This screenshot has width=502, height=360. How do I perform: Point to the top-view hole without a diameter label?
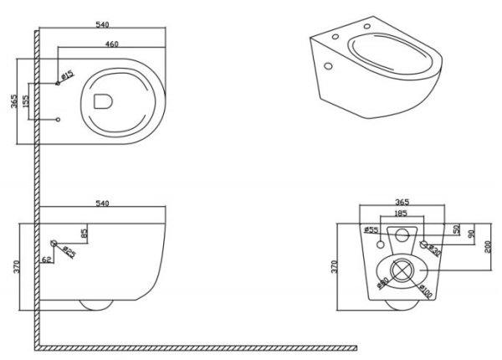58,121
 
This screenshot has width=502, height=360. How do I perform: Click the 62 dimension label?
45,260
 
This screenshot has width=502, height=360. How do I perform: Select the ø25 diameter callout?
70,252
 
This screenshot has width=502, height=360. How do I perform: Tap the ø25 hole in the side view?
54,244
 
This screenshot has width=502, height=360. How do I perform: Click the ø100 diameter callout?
426,292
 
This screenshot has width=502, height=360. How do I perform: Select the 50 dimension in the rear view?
457,229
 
